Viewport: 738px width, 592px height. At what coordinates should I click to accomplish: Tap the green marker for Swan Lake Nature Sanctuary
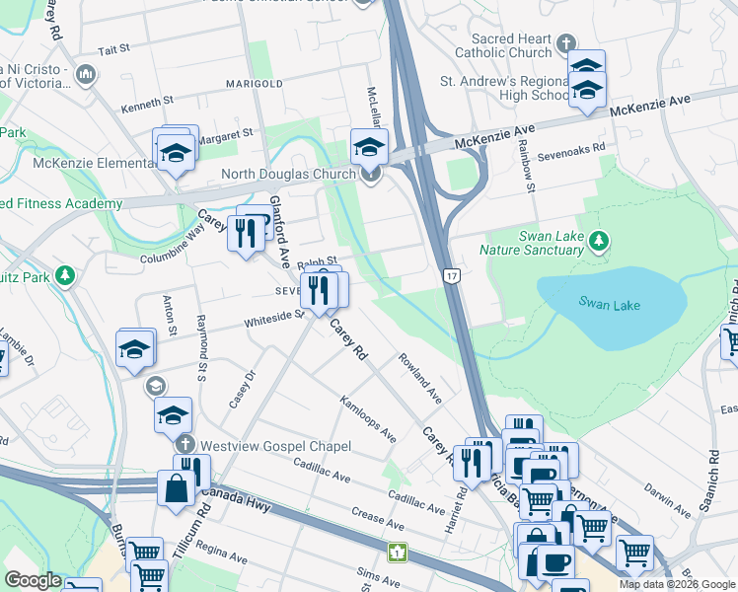597,241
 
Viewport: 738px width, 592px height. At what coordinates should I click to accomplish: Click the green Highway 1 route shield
397,552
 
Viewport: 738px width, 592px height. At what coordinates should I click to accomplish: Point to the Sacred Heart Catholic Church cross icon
565,44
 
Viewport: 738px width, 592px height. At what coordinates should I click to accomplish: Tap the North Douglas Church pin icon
371,176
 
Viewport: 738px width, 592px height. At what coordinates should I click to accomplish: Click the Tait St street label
114,48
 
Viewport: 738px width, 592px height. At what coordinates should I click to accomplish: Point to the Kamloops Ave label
368,419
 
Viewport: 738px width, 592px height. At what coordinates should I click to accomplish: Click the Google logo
33,580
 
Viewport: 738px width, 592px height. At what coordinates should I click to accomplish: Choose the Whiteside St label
274,317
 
